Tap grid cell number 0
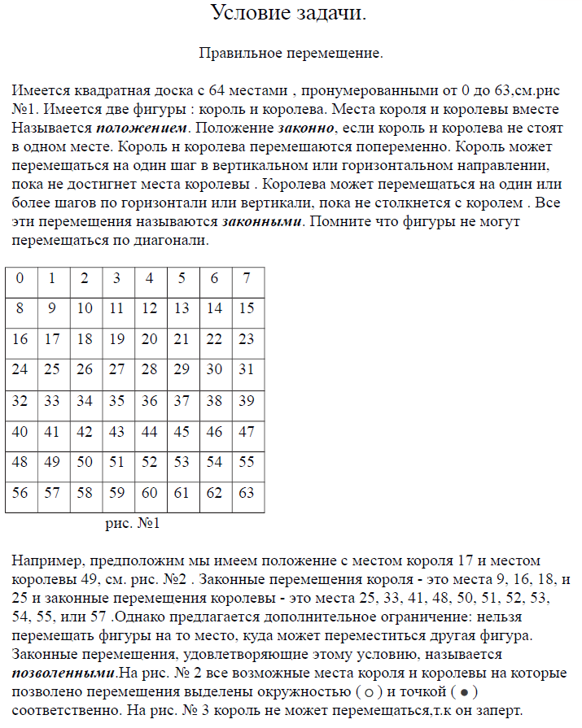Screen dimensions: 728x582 point(20,278)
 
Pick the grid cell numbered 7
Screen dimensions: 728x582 point(247,278)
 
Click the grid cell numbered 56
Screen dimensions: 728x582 point(20,493)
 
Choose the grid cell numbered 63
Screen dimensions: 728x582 point(247,493)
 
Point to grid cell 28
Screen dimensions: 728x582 point(150,369)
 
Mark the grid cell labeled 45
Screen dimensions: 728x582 point(182,431)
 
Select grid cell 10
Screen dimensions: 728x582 point(85,308)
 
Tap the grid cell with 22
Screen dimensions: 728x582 point(215,339)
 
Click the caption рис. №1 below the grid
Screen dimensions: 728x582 point(133,523)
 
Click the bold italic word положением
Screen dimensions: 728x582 point(142,129)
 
